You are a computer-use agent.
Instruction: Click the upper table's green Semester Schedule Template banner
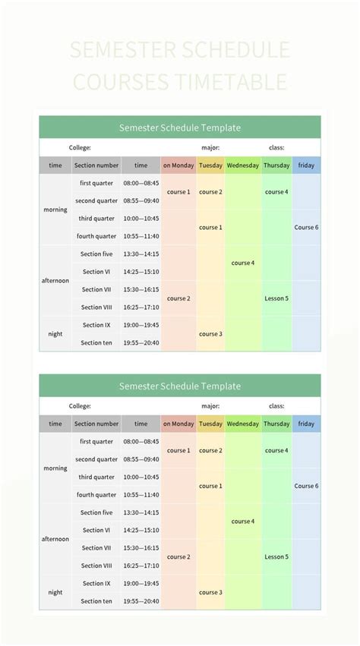tap(180, 128)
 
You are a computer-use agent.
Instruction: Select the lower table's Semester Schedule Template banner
tap(180, 386)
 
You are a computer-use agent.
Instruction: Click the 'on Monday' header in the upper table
tap(178, 165)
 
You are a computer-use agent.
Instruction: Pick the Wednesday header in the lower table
tap(243, 424)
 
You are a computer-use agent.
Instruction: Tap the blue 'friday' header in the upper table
tap(306, 165)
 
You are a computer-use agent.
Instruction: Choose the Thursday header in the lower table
tap(276, 424)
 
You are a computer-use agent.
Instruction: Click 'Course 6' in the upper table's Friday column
tap(306, 228)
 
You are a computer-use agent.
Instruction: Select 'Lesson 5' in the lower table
tap(276, 557)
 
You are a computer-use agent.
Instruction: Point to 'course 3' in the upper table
tap(210, 334)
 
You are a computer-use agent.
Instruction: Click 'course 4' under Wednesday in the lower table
tap(243, 522)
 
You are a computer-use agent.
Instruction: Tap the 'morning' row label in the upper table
tap(55, 210)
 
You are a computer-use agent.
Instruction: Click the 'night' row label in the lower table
tap(55, 592)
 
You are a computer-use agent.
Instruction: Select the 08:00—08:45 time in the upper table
tap(141, 183)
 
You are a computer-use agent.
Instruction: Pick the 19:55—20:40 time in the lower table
tap(141, 601)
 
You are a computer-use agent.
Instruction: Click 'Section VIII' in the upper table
tap(96, 307)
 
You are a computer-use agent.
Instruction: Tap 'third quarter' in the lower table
tap(96, 477)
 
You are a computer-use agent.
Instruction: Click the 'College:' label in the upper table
tap(80, 148)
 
